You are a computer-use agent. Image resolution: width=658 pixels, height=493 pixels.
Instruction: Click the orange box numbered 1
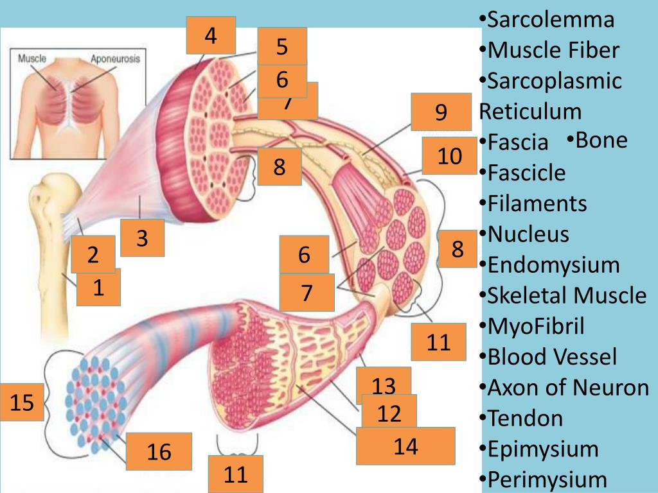(99, 288)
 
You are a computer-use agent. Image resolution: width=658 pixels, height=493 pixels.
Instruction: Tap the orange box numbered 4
(211, 35)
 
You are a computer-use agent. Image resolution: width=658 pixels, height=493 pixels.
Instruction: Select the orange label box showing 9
(441, 112)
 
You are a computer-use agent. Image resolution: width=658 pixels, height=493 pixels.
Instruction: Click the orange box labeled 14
(405, 446)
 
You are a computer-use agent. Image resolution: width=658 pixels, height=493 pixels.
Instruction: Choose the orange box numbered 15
(22, 403)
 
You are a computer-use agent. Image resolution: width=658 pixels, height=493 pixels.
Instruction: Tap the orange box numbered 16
(159, 452)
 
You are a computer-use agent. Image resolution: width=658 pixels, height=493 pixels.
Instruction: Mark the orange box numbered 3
(143, 238)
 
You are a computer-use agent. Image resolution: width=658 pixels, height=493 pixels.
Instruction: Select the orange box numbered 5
(282, 47)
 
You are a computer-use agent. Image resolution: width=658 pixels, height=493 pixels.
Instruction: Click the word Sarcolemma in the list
(551, 19)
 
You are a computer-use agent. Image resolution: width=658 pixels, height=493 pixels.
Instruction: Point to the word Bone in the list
(601, 140)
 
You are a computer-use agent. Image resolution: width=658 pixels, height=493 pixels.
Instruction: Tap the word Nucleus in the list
(528, 234)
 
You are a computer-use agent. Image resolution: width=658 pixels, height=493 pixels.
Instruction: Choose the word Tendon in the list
(525, 419)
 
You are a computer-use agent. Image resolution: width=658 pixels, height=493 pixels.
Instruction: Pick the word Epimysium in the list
(543, 449)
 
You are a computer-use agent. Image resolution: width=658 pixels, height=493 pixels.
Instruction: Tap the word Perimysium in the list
(547, 479)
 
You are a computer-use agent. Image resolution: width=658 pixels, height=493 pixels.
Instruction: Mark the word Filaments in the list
(537, 203)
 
